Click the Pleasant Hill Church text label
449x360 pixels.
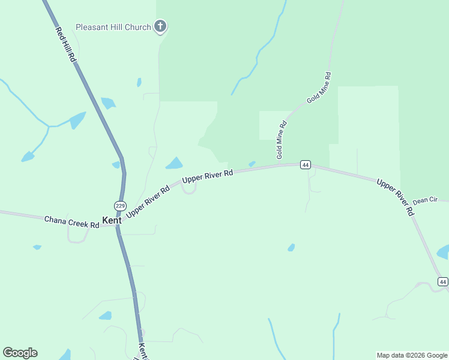pyautogui.click(x=112, y=28)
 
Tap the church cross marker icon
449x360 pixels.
pyautogui.click(x=160, y=26)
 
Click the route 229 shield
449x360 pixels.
pyautogui.click(x=120, y=206)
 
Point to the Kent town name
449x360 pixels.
pyautogui.click(x=112, y=220)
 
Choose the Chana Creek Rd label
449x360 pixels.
pyautogui.click(x=71, y=222)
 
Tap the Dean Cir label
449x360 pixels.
pyautogui.click(x=425, y=200)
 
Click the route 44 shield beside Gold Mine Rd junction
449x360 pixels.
pyautogui.click(x=306, y=164)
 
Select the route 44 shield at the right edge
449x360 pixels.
pyautogui.click(x=443, y=281)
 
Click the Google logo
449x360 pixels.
pyautogui.click(x=20, y=353)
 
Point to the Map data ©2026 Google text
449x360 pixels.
pyautogui.click(x=412, y=355)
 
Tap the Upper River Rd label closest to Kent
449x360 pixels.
pyautogui.click(x=148, y=201)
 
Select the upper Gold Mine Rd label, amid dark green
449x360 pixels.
pyautogui.click(x=319, y=88)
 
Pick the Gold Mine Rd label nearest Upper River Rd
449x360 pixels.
pyautogui.click(x=281, y=140)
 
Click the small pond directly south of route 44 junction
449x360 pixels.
pyautogui.click(x=291, y=247)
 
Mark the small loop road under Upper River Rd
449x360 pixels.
pyautogui.click(x=188, y=189)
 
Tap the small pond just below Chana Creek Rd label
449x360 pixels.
pyautogui.click(x=37, y=247)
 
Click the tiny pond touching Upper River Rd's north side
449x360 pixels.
pyautogui.click(x=252, y=164)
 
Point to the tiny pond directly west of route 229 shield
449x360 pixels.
pyautogui.click(x=115, y=165)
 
